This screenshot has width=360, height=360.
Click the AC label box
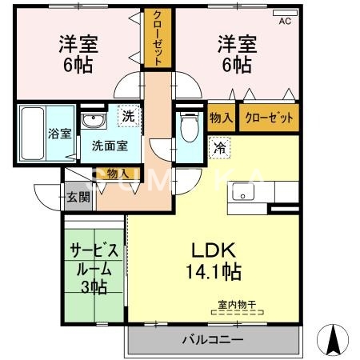(x=284, y=22)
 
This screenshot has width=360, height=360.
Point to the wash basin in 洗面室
(x=94, y=122)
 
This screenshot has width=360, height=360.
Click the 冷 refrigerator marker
(x=218, y=147)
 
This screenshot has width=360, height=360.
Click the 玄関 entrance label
(x=78, y=197)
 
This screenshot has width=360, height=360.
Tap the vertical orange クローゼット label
(x=158, y=38)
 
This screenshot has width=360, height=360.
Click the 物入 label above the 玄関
(x=117, y=174)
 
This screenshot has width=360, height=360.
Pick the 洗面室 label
(x=108, y=146)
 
